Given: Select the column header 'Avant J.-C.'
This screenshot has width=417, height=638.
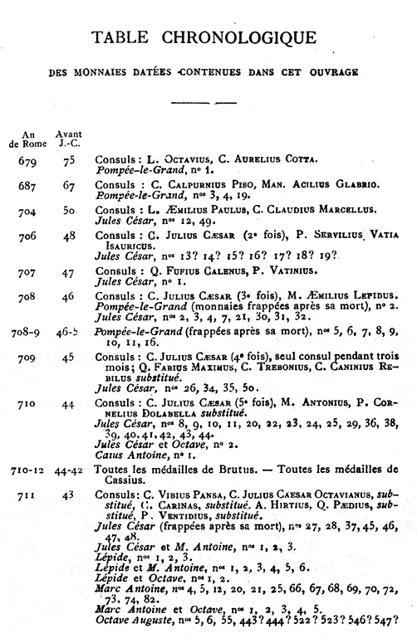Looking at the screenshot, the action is [68, 136].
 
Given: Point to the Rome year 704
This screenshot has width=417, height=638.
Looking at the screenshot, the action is [27, 211].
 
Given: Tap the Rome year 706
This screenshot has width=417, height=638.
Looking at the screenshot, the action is [27, 236].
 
